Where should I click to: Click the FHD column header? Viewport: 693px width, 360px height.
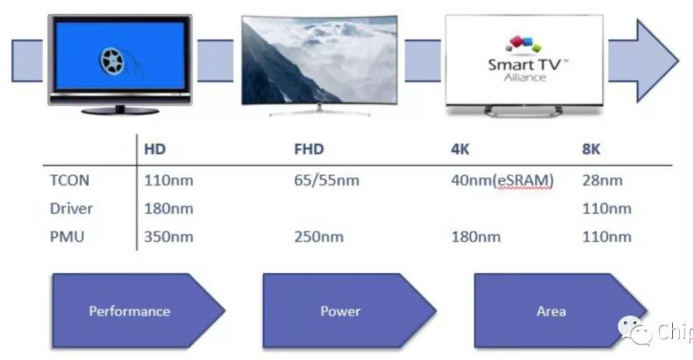309,149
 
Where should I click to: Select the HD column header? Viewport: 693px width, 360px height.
155,149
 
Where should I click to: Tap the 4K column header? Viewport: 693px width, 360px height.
460,149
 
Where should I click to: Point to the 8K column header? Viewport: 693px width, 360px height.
591,149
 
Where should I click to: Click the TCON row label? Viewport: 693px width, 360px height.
69,180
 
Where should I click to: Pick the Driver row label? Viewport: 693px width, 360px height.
71,208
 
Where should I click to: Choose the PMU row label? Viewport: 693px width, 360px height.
67,237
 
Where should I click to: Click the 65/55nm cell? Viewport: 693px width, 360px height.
326,180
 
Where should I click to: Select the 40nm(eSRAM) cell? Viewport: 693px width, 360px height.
502,180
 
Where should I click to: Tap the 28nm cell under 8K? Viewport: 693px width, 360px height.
602,180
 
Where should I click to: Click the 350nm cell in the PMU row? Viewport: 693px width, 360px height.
168,237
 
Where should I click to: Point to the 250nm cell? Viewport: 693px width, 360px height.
319,237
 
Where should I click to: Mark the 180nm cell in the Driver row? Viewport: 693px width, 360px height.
168,208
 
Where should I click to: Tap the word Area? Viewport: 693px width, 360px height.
551,311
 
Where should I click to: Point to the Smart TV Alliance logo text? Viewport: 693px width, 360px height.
525,70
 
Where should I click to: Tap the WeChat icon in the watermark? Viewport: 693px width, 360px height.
635,330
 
